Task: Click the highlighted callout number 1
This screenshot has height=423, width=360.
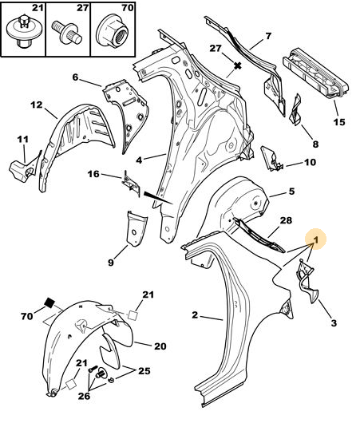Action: (316, 239)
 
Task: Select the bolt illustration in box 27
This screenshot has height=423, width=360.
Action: (66, 33)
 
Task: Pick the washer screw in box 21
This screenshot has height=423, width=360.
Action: (24, 30)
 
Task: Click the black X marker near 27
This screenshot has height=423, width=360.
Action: (238, 65)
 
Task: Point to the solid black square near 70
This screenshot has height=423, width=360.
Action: (49, 302)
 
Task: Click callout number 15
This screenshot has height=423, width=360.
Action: (339, 122)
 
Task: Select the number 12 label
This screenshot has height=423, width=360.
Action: (37, 105)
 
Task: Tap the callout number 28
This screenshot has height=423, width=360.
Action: (286, 220)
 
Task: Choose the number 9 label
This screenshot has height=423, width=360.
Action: (111, 263)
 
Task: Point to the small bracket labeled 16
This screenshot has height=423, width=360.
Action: (132, 184)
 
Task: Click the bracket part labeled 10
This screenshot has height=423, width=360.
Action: (271, 159)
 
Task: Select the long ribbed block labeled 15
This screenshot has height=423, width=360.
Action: (316, 72)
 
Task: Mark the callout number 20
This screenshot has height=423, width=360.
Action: (160, 346)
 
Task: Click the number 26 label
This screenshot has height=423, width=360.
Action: (84, 396)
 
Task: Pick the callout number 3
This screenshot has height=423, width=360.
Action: (334, 322)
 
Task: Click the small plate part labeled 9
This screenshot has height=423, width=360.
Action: (136, 228)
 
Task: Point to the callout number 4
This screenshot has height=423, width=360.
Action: (139, 160)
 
